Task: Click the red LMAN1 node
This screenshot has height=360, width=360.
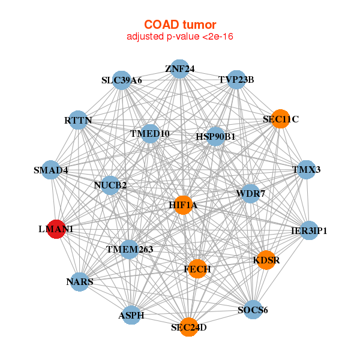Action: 56,229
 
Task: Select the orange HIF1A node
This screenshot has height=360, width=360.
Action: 183,205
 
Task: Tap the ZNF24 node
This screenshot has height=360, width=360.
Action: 180,69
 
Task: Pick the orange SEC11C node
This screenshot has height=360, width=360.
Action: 281,119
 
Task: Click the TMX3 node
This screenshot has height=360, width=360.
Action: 306,170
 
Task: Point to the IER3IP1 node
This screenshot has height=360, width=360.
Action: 309,230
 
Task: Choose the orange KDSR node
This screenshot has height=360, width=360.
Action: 266,260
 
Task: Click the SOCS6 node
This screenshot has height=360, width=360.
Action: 253,310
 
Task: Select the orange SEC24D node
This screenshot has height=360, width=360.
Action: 189,327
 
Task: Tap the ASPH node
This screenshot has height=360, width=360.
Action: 131,315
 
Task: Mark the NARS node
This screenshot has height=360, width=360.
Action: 79,282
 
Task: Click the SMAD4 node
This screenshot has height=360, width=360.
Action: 51,170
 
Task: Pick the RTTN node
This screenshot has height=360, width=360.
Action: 78,120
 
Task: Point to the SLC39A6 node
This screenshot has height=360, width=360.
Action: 122,80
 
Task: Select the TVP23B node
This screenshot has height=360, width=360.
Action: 236,80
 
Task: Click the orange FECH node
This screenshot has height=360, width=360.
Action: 197,269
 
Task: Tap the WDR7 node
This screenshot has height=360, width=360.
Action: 250,194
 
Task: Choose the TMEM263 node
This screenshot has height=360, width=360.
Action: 130,250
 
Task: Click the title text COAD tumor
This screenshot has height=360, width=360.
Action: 180,25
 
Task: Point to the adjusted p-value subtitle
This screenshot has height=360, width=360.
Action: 180,37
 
